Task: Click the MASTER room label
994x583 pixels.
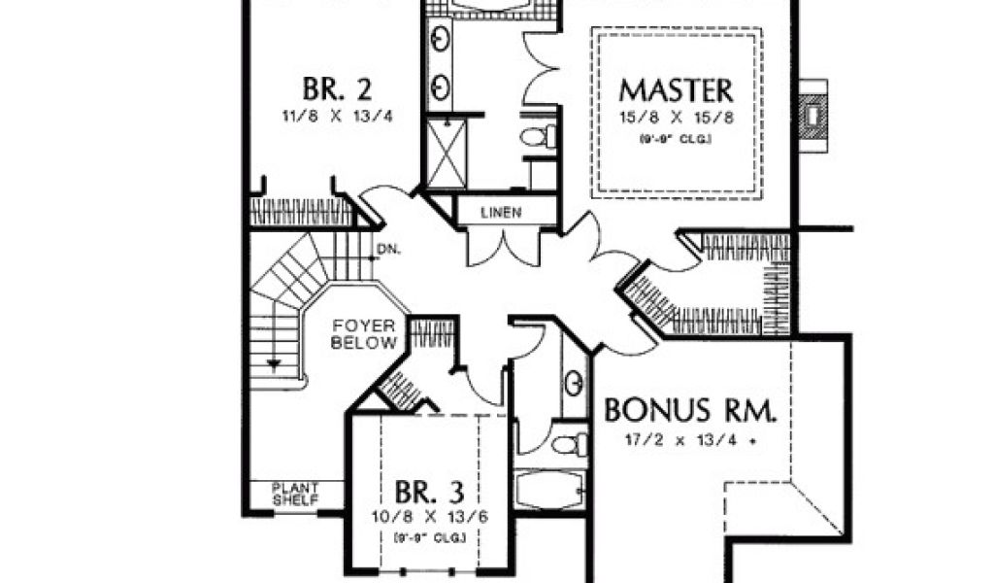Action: pos(676,90)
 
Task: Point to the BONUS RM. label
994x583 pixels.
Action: pos(690,410)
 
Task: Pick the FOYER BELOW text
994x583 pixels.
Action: pos(363,334)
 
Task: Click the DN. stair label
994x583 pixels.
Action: pos(386,249)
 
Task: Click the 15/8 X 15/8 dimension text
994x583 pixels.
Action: pos(676,120)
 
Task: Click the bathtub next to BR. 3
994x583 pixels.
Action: pos(548,489)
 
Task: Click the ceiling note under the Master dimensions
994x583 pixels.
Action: pos(676,140)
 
